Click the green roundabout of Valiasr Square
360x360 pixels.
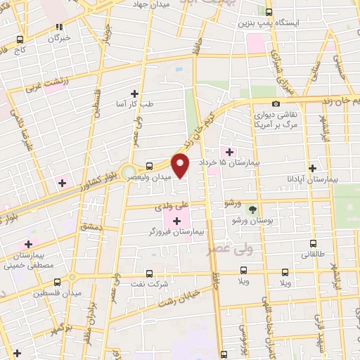(x=128, y=171)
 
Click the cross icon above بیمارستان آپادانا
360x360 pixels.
(x=312, y=168)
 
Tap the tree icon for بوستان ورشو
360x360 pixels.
(x=252, y=209)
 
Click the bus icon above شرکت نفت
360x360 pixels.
(x=148, y=274)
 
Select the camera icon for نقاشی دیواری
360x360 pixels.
(x=276, y=103)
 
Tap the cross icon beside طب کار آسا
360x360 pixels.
(x=134, y=93)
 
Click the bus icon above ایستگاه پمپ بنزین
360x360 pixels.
(x=269, y=11)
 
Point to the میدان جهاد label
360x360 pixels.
(x=155, y=4)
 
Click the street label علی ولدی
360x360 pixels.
(x=172, y=206)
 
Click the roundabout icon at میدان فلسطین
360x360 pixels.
(x=72, y=277)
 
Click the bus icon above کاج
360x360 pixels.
(x=20, y=40)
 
